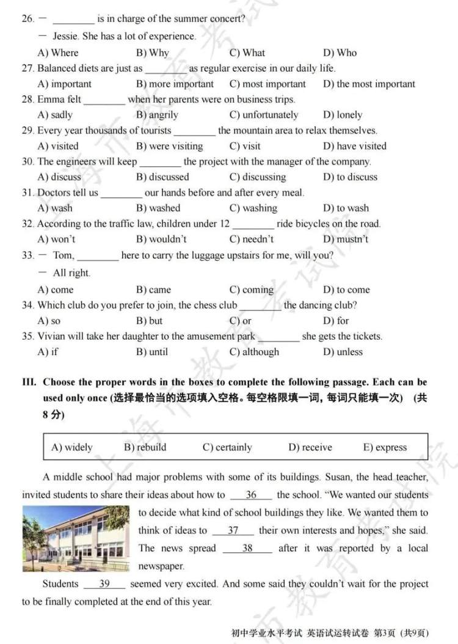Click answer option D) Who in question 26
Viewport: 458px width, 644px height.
(340, 53)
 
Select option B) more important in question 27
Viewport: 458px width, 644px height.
(175, 84)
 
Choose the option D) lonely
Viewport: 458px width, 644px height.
(342, 115)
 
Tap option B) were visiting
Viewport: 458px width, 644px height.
(169, 146)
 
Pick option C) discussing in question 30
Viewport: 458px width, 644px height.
(257, 177)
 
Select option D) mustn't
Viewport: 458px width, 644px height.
(346, 239)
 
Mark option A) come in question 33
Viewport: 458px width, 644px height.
(55, 290)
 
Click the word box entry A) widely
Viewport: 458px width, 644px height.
(71, 447)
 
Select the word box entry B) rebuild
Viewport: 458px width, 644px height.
(145, 447)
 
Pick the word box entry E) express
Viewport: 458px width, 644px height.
(385, 447)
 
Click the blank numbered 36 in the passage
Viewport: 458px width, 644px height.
(251, 495)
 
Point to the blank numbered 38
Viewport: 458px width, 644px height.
(247, 548)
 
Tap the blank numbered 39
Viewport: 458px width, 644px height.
(104, 584)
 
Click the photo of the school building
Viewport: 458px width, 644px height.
(76, 538)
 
